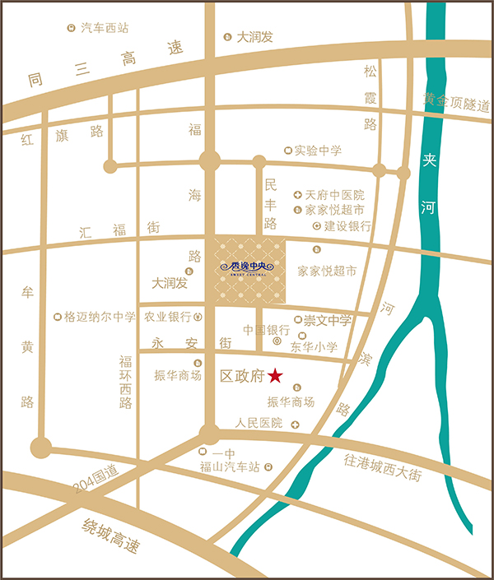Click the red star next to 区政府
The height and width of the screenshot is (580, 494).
pyautogui.click(x=275, y=376)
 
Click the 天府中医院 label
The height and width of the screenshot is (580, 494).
pyautogui.click(x=334, y=195)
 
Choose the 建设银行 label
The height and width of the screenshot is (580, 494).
pyautogui.click(x=347, y=225)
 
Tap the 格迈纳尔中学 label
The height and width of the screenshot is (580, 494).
pyautogui.click(x=100, y=316)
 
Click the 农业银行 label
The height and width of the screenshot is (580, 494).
pyautogui.click(x=168, y=316)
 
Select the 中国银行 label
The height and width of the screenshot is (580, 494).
pyautogui.click(x=262, y=330)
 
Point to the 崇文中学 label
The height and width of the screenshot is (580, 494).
pyautogui.click(x=328, y=319)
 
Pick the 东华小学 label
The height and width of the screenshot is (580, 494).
pyautogui.click(x=314, y=347)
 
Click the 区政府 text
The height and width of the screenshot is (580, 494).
pyautogui.click(x=242, y=376)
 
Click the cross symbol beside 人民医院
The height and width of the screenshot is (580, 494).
pyautogui.click(x=295, y=424)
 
